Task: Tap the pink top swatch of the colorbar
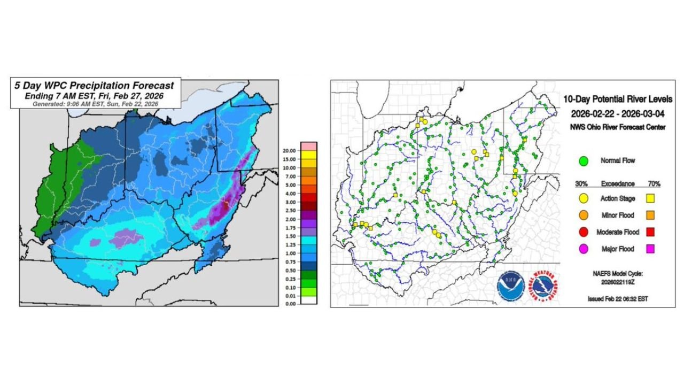309,145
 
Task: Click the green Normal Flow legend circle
584,160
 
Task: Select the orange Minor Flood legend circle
584,215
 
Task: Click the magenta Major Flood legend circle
584,249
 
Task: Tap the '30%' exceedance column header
581,183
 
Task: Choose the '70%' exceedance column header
653,183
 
